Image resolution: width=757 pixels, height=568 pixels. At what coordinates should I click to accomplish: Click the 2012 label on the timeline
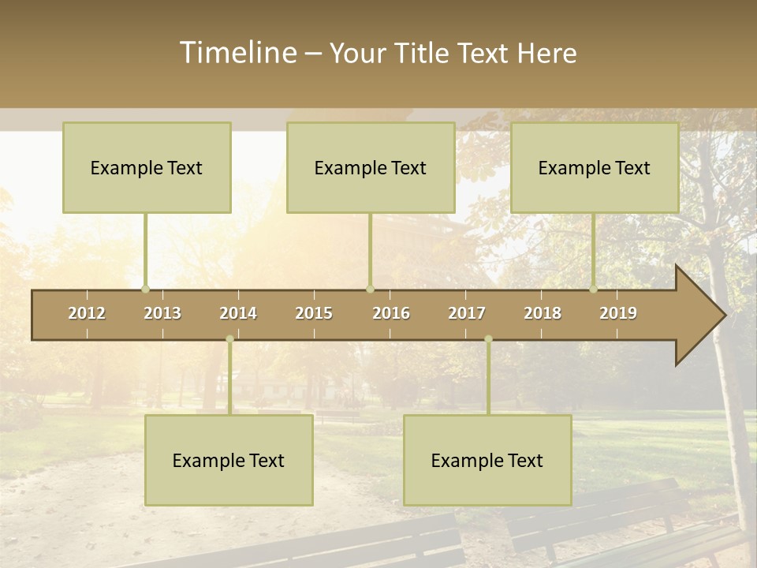87,313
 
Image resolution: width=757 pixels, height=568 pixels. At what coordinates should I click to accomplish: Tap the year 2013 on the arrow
162,313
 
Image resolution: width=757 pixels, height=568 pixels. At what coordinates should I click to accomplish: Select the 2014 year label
238,313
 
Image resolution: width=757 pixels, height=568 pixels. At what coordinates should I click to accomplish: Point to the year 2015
314,313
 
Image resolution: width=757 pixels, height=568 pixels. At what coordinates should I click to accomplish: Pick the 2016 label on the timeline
391,313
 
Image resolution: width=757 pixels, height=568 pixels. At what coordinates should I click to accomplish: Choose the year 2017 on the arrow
467,313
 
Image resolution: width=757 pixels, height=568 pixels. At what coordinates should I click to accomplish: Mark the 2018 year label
543,313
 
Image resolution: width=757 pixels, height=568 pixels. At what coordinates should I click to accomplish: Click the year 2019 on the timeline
618,313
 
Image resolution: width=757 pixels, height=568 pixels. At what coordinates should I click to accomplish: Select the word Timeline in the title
236,53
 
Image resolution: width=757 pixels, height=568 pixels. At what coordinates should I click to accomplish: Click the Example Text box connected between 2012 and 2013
147,168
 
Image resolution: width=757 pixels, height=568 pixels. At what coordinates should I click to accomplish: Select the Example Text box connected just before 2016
371,168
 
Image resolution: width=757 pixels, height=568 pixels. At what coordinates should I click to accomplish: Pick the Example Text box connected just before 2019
595,168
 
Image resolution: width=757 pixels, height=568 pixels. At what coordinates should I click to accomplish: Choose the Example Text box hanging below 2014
229,461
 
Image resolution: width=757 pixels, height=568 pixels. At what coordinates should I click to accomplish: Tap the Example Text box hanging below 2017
487,461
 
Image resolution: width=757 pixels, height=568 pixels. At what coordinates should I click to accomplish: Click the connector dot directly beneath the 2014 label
229,339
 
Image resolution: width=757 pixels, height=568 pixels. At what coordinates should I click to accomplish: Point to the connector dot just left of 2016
370,289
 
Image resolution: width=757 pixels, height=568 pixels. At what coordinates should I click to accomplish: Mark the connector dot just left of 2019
594,289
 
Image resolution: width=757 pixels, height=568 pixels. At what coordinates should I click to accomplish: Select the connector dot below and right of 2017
488,339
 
